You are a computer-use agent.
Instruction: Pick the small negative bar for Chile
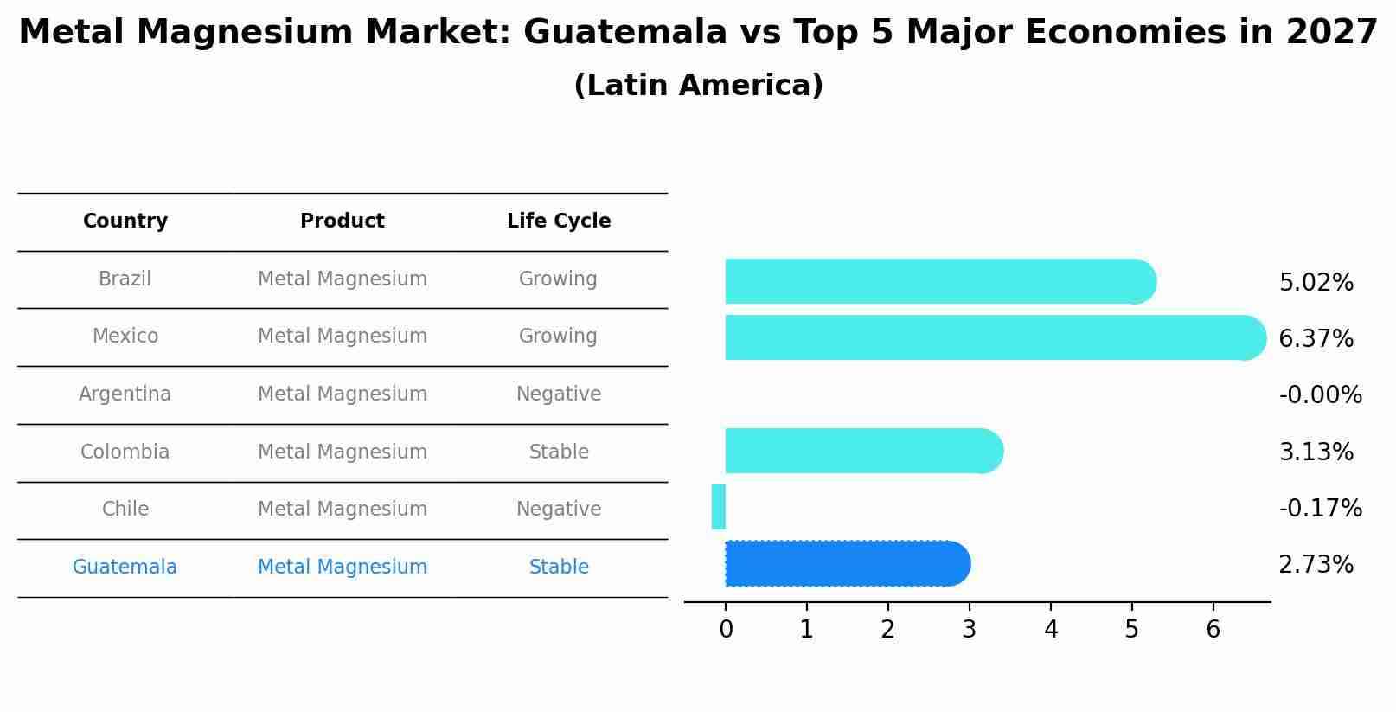[718, 507]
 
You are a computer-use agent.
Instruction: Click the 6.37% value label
[1316, 339]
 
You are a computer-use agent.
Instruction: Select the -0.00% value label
[1320, 395]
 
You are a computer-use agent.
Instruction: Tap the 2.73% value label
[1316, 565]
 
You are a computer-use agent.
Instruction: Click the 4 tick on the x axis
[1051, 630]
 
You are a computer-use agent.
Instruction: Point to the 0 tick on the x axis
[726, 630]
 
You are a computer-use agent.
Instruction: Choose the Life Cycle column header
[559, 221]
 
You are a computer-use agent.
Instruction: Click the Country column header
[125, 221]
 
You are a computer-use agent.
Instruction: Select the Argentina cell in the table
[125, 394]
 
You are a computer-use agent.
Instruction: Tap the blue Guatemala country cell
[125, 568]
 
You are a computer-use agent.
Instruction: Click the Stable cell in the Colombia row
[559, 452]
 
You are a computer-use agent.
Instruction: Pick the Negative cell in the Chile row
[559, 510]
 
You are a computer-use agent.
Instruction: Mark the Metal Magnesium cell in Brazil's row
[343, 279]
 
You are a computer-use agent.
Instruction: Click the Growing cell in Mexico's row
[558, 337]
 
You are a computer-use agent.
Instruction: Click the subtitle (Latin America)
[698, 86]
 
